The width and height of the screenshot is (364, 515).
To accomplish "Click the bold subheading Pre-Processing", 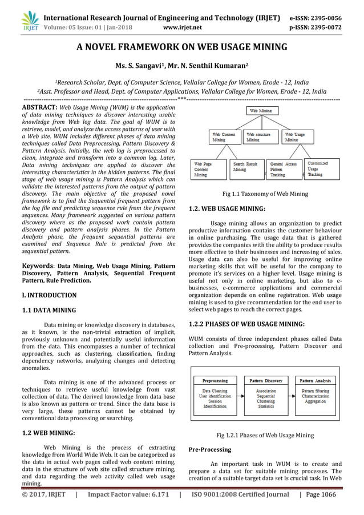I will pos(209,450).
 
